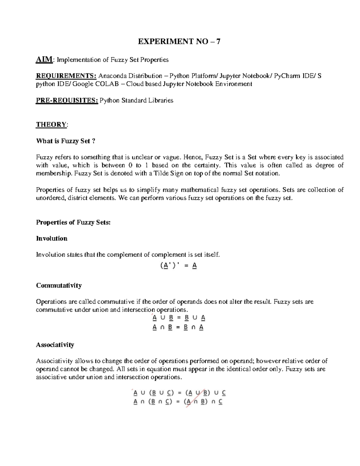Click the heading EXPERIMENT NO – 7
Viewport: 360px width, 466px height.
(179, 41)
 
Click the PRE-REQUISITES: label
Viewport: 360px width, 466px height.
(67, 100)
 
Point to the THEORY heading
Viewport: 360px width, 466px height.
(51, 125)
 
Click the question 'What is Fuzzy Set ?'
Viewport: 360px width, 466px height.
(66, 141)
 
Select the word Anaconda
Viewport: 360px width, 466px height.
(112, 76)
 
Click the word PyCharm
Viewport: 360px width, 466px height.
(287, 76)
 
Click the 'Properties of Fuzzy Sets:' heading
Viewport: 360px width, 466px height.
(73, 222)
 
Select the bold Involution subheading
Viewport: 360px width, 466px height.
(52, 239)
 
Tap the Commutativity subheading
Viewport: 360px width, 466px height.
(59, 285)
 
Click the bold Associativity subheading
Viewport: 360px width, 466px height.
(55, 345)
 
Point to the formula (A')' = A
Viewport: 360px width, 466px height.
(178, 266)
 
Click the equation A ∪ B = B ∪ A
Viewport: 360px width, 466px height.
(179, 318)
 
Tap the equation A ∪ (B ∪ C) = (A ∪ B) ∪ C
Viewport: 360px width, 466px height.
(179, 393)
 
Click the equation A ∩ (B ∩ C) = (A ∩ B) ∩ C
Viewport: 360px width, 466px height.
(178, 402)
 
